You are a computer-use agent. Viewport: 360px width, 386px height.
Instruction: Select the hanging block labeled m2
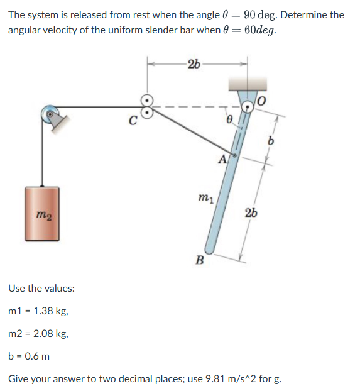pos(43,213)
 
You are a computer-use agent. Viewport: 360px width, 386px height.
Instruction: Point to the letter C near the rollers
pos(132,123)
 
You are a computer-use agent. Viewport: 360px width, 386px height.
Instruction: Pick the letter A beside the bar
pos(222,160)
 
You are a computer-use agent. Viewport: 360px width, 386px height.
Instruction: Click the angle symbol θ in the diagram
pos(230,118)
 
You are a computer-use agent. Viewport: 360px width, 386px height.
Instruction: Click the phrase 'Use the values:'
pos(41,289)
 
